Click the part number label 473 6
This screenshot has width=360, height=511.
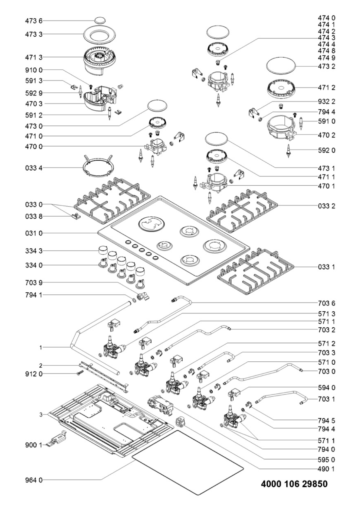click(x=34, y=21)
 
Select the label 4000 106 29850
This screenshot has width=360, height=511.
click(x=294, y=484)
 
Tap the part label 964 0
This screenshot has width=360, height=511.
click(x=34, y=480)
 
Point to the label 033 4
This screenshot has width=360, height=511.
click(x=34, y=168)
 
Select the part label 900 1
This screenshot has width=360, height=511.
click(x=34, y=445)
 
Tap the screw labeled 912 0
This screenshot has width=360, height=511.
click(x=80, y=373)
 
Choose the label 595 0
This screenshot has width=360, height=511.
click(x=326, y=460)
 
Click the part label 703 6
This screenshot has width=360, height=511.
click(x=326, y=303)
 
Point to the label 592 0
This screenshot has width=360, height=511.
click(x=326, y=151)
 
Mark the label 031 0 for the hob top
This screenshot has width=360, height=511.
click(x=34, y=233)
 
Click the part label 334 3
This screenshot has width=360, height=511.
click(x=34, y=251)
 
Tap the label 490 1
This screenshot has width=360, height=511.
click(x=326, y=469)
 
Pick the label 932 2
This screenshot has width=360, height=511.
click(x=326, y=101)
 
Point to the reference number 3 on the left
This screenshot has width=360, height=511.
click(x=41, y=414)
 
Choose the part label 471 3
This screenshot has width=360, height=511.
click(x=34, y=57)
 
